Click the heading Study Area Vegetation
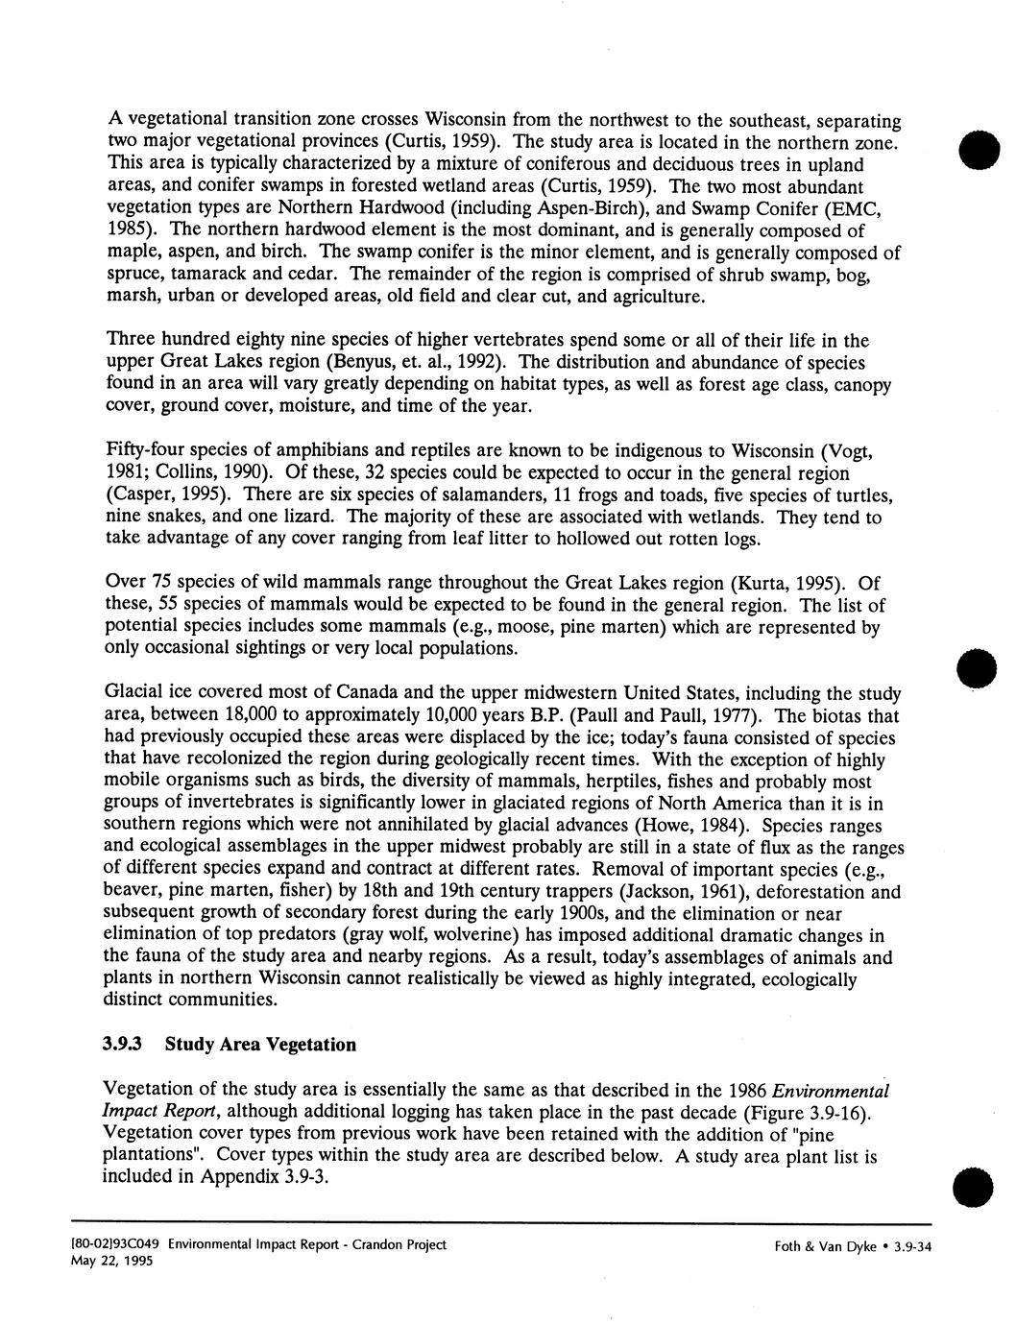tap(260, 1044)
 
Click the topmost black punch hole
tap(978, 152)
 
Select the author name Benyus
tap(360, 363)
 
